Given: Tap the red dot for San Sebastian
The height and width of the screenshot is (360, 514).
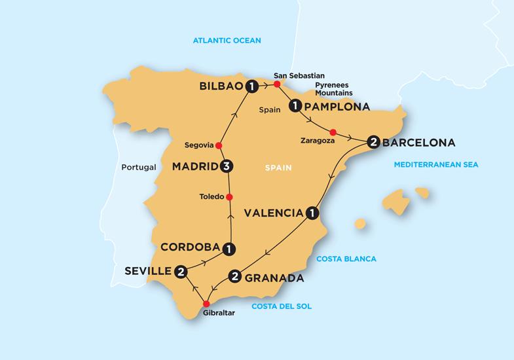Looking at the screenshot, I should point(277,84).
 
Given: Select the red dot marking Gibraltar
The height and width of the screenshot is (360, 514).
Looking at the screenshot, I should point(206,304).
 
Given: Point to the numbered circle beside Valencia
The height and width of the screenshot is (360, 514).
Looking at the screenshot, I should point(313,213).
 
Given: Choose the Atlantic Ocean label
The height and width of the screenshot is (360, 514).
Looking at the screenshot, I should point(227,41).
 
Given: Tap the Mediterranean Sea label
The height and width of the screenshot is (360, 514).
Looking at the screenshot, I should point(435,165).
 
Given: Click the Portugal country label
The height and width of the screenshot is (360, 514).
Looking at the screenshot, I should point(139,167).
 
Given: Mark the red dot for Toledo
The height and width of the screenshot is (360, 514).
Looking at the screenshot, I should point(229,197).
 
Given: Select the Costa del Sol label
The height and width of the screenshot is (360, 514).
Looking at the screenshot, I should point(282,306).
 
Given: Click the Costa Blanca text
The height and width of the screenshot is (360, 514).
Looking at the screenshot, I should point(346,259).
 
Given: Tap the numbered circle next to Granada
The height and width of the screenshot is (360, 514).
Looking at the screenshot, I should point(234,277).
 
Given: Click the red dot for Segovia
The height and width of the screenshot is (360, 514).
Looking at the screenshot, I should point(219,145).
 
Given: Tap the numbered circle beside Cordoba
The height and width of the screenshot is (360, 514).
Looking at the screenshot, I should point(229,248).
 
